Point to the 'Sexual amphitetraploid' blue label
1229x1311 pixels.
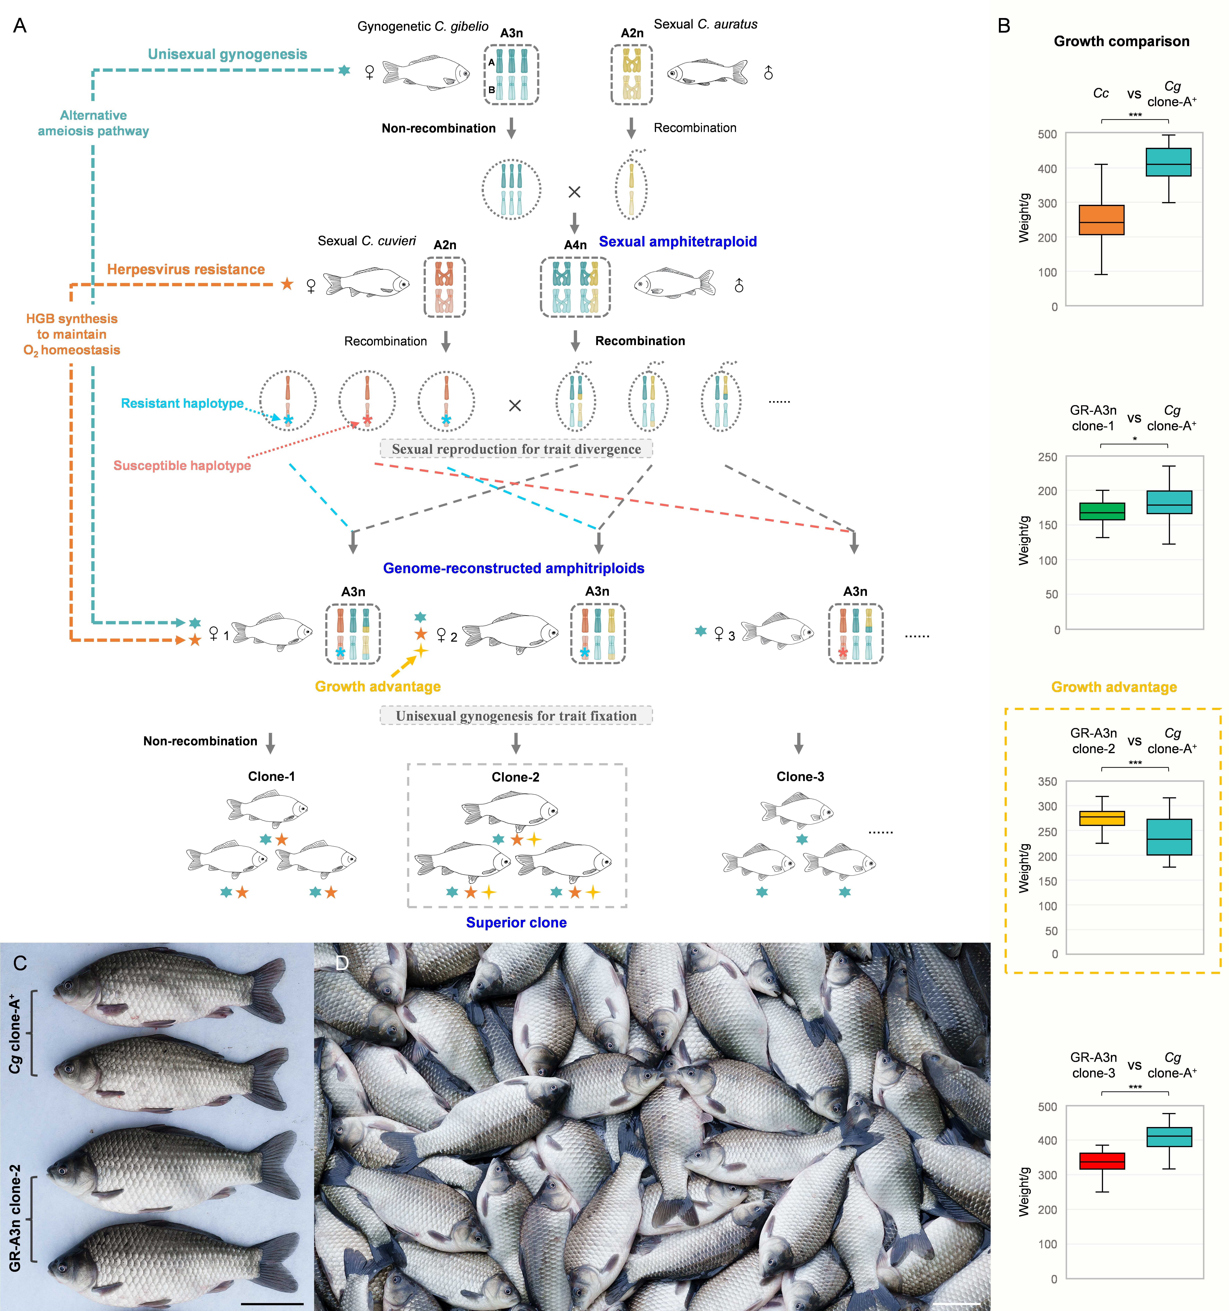pyautogui.click(x=677, y=241)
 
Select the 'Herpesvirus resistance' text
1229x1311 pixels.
pyautogui.click(x=186, y=269)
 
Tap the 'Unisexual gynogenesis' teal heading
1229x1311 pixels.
pyautogui.click(x=228, y=54)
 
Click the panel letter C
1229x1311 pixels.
pyautogui.click(x=20, y=963)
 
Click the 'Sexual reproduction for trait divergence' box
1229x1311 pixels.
pyautogui.click(x=516, y=449)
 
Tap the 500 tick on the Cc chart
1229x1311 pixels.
pyautogui.click(x=1047, y=134)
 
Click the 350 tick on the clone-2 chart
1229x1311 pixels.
pyautogui.click(x=1047, y=781)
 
